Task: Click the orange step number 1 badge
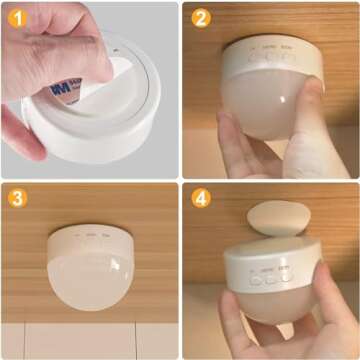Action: coord(17,17)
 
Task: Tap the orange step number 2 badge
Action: coord(201,17)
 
